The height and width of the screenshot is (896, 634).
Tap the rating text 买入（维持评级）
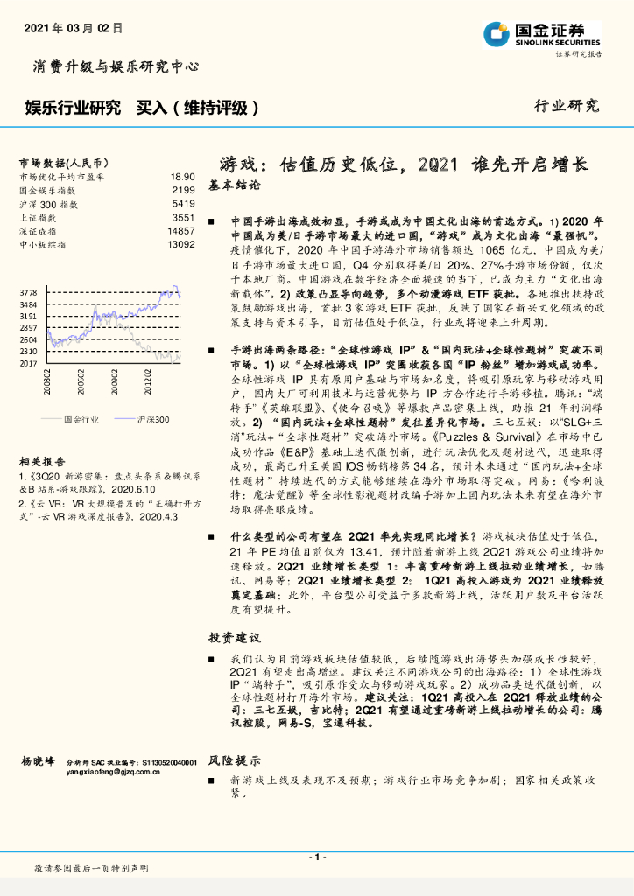(x=197, y=108)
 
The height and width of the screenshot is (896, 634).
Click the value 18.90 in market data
(x=182, y=177)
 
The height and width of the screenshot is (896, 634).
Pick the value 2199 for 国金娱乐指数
(x=182, y=190)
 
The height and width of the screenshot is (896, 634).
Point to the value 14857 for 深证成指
(x=180, y=231)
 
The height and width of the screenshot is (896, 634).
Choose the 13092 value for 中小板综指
(x=180, y=244)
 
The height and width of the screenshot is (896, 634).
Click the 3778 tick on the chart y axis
(x=28, y=292)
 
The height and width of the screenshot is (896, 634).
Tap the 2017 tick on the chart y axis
(x=28, y=362)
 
